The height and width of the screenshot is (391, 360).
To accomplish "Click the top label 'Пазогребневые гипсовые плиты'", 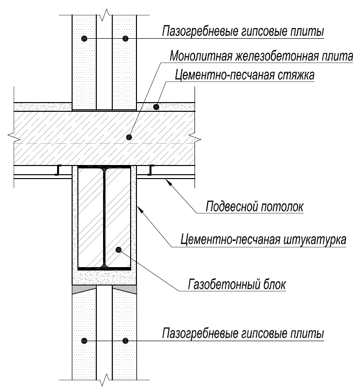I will (242, 31).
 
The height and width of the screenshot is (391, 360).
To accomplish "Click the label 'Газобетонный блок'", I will (237, 283).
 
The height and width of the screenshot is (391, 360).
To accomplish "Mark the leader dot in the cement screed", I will (156, 106).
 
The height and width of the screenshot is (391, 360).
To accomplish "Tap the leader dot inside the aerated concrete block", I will (119, 250).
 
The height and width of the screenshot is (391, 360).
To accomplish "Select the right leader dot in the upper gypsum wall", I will (125, 38).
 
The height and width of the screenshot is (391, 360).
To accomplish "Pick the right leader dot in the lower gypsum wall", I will (125, 340).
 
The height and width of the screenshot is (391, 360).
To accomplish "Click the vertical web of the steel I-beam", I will (104, 218).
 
